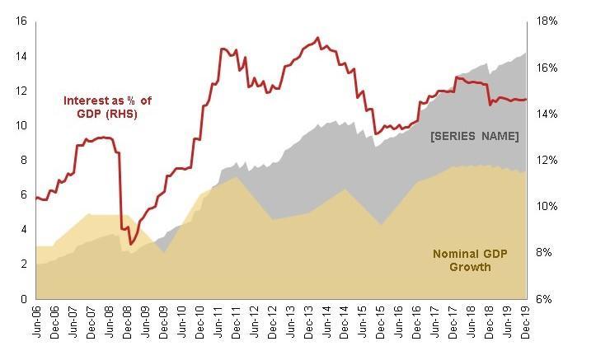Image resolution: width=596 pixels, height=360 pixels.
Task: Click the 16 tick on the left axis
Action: (21, 21)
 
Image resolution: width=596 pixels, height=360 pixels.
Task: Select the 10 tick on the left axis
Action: (21, 125)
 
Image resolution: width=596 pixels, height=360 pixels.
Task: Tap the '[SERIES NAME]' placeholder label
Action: (474, 135)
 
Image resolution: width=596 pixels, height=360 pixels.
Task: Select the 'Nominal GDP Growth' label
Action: (472, 260)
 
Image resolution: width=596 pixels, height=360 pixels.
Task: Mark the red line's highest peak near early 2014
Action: (318, 38)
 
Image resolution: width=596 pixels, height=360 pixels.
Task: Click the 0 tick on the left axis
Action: (25, 299)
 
